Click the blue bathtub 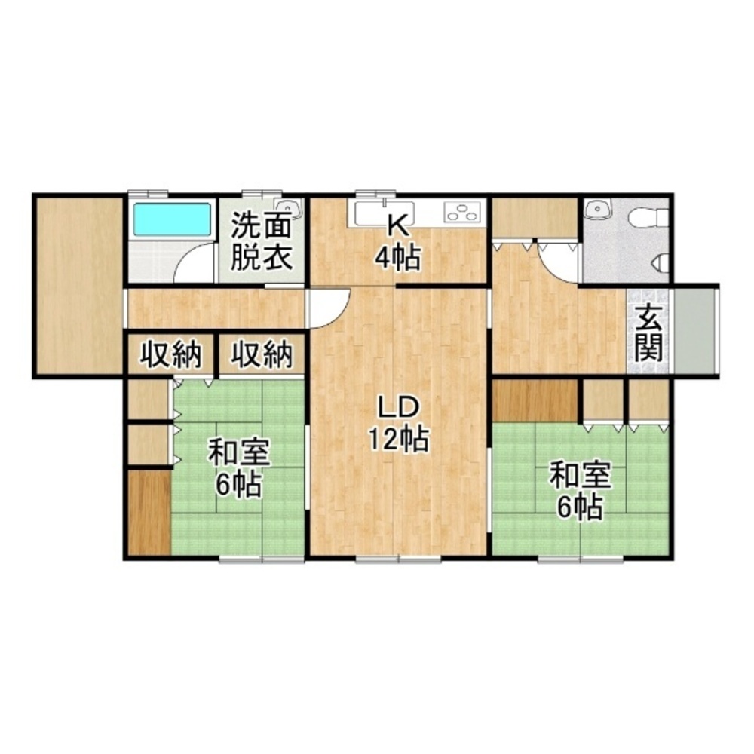click(x=170, y=219)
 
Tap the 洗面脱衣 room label click(x=261, y=241)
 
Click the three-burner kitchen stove click(x=462, y=213)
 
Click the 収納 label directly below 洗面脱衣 click(x=261, y=354)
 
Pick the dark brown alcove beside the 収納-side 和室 click(x=147, y=513)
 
